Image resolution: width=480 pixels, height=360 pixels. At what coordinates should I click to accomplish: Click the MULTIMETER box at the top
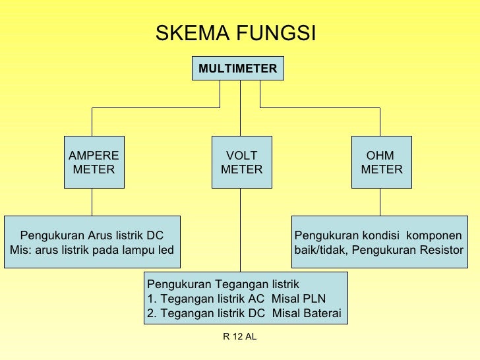237,67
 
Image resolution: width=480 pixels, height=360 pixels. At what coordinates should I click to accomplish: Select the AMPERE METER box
94,162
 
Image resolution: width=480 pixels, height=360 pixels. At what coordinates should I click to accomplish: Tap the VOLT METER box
241,162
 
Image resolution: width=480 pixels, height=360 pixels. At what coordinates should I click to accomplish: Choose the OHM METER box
381,162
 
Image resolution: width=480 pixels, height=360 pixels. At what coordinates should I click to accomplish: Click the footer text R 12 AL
240,337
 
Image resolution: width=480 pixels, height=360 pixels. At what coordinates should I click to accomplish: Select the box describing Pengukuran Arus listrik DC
92,242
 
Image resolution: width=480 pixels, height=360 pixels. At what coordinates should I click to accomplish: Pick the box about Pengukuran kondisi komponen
378,242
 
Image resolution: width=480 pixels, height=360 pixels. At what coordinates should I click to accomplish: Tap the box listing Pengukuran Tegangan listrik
245,298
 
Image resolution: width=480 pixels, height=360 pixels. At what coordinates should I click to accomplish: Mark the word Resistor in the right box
440,250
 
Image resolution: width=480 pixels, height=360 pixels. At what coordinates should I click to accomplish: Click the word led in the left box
165,250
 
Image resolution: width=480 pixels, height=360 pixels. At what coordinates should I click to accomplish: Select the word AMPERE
94,156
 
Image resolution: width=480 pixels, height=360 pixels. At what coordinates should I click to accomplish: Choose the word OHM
380,156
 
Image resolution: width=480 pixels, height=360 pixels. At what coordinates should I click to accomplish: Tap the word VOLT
241,156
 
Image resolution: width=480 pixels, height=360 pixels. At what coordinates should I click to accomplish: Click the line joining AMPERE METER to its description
92,202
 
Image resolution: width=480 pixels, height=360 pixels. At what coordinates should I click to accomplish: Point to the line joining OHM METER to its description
380,202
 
